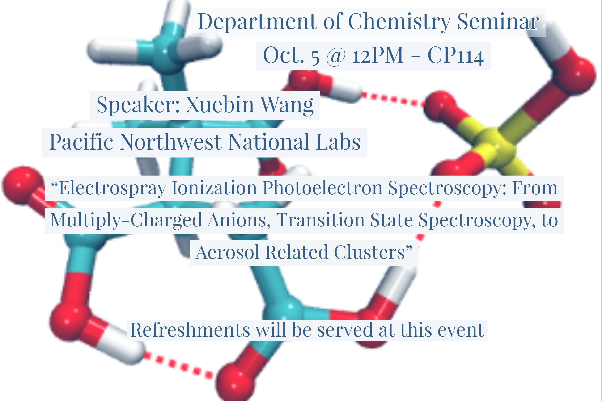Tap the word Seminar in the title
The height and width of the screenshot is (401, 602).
pyautogui.click(x=498, y=21)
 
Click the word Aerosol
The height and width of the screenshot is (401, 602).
pyautogui.click(x=228, y=252)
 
